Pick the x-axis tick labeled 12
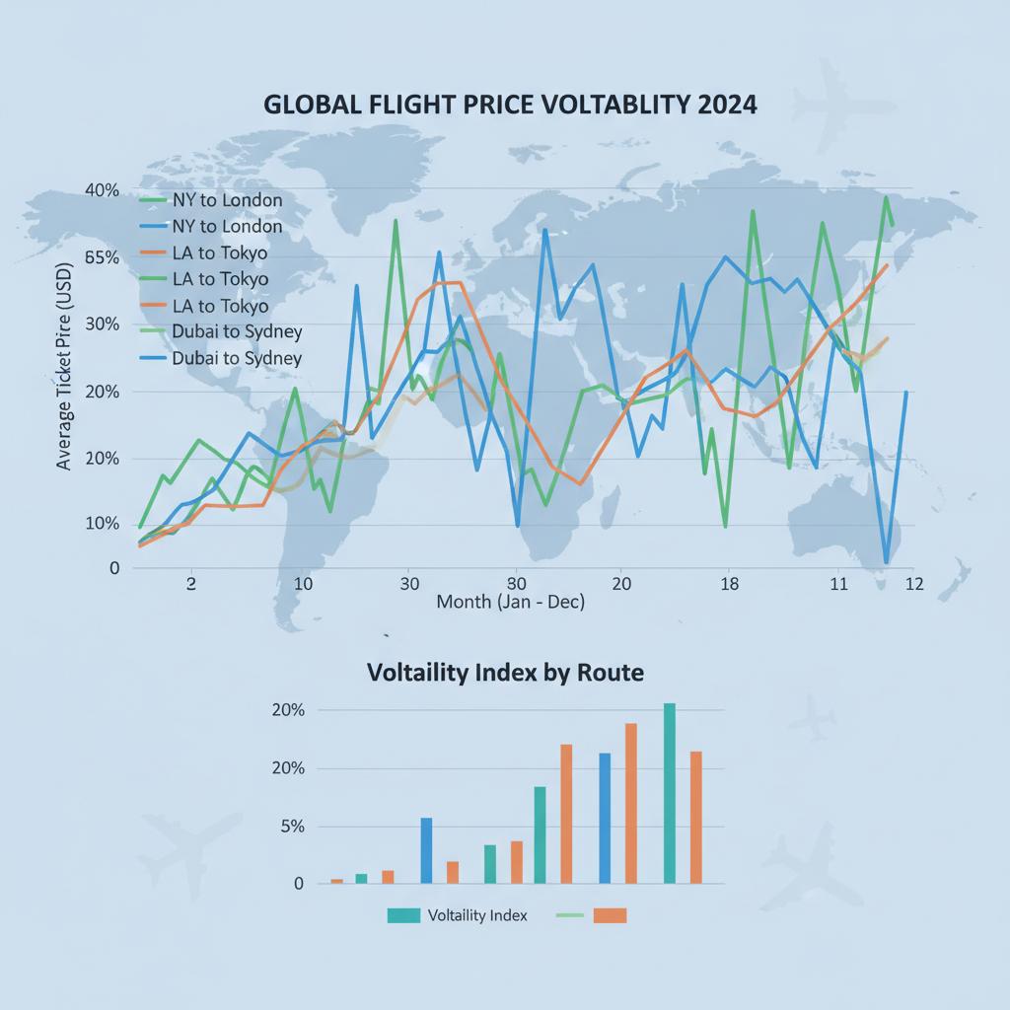[x=913, y=583]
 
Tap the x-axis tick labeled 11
[x=838, y=583]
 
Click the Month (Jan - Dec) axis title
[x=510, y=602]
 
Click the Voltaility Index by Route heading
[x=505, y=674]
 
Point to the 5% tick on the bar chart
[x=292, y=827]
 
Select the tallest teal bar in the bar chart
[x=670, y=793]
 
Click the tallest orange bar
[x=631, y=803]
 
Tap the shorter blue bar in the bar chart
[x=426, y=849]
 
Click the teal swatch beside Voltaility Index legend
[x=403, y=915]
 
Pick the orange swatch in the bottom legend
[x=611, y=915]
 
